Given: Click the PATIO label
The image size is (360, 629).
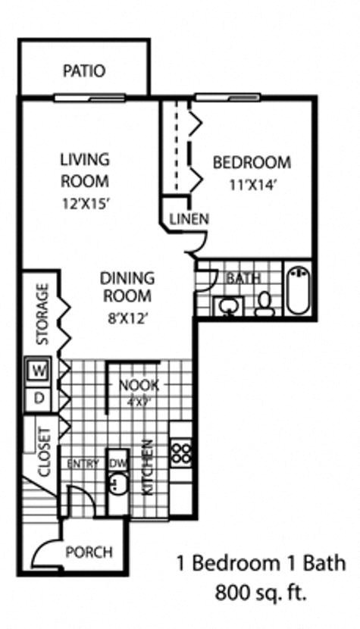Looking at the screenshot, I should click(x=84, y=71).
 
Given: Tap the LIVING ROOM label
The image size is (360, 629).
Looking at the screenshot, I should click(x=85, y=171).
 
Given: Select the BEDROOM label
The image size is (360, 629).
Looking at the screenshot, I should click(x=252, y=162).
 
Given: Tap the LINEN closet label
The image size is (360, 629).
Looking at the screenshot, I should click(x=189, y=219).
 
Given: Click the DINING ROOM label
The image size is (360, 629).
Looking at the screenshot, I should click(x=127, y=286).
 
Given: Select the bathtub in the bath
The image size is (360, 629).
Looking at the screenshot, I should click(x=297, y=289).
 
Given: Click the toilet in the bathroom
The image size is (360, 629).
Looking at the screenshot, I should click(x=265, y=302).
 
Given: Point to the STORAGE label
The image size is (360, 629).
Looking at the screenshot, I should click(x=42, y=314).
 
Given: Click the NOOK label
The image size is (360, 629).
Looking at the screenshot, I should click(x=139, y=385).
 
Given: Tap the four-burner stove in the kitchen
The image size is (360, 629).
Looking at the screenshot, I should click(x=182, y=452).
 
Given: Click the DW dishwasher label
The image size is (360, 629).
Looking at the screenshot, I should click(x=117, y=463).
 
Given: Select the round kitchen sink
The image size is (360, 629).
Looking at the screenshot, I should click(x=117, y=483).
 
